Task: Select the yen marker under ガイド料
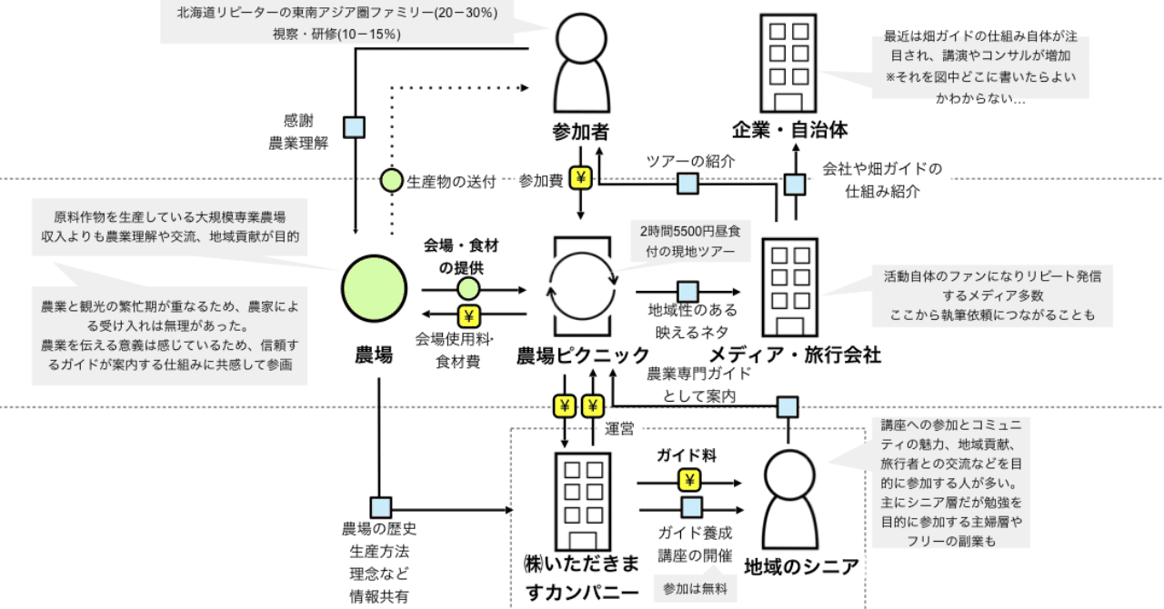tap(689, 480)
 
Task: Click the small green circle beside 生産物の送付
tap(391, 181)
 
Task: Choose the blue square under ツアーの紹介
tap(687, 185)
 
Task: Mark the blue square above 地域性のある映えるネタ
tap(687, 291)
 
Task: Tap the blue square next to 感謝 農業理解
tap(354, 126)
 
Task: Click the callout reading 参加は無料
tap(695, 587)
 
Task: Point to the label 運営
tap(620, 428)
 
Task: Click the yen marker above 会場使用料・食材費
tap(468, 315)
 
